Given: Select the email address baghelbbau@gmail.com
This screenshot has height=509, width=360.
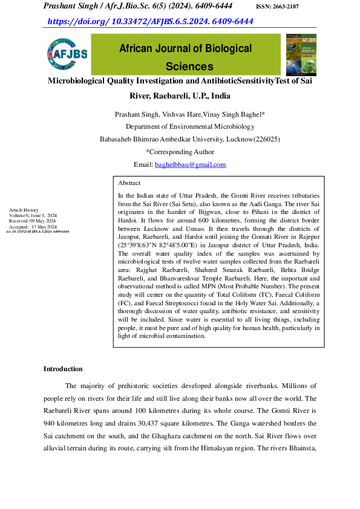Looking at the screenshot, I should [190, 164].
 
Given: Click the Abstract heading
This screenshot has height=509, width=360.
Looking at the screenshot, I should [129, 183].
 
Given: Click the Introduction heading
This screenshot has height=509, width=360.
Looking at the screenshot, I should [63, 369].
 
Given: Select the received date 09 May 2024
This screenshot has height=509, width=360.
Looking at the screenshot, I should [42, 221].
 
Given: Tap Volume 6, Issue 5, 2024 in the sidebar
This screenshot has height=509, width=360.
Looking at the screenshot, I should [33, 215].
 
